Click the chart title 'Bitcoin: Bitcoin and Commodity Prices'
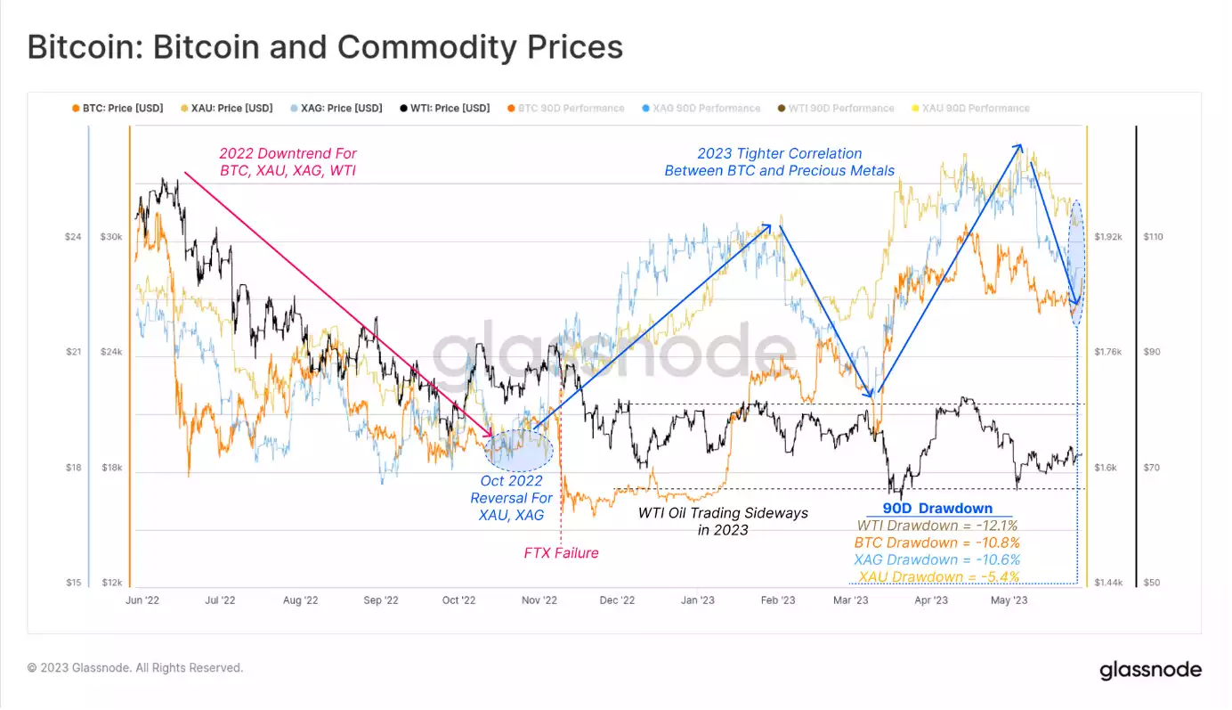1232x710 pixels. coord(325,47)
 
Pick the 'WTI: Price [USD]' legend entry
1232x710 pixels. coord(444,108)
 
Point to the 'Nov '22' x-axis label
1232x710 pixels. coord(538,600)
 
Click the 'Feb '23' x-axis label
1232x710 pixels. coord(777,600)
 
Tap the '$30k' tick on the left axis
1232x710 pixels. coord(111,237)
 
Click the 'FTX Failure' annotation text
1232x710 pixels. coord(561,553)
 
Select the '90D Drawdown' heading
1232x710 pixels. coord(937,509)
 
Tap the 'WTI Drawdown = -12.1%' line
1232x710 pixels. coord(937,526)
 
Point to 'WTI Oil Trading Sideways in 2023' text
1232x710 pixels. coord(723,521)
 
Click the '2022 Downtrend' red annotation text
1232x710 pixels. coord(287,161)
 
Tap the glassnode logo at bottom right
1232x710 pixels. coord(1150,670)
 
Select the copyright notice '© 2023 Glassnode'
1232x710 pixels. coord(135,667)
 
